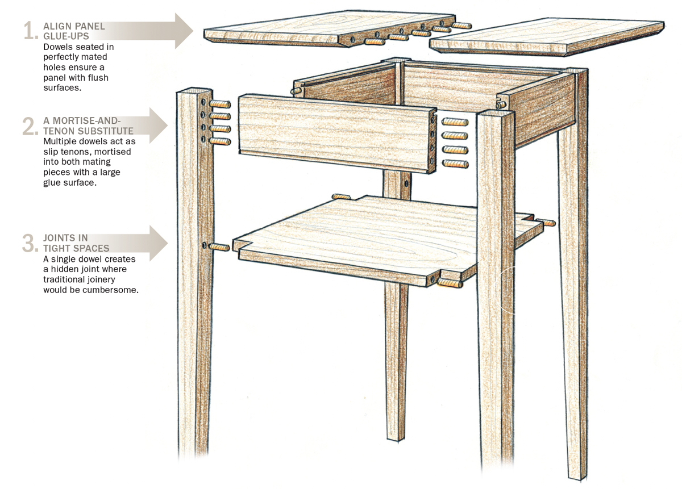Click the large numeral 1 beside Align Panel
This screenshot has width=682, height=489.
(30, 31)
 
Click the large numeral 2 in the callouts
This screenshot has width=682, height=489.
(30, 126)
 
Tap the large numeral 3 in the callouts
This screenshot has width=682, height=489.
(30, 243)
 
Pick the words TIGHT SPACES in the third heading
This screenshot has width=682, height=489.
(76, 248)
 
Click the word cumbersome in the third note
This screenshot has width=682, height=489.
(113, 289)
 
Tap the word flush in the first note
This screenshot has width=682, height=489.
(98, 77)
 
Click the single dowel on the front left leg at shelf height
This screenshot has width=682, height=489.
(221, 248)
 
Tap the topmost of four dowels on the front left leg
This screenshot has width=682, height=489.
(221, 105)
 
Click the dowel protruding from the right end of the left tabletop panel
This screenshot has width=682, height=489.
(463, 24)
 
